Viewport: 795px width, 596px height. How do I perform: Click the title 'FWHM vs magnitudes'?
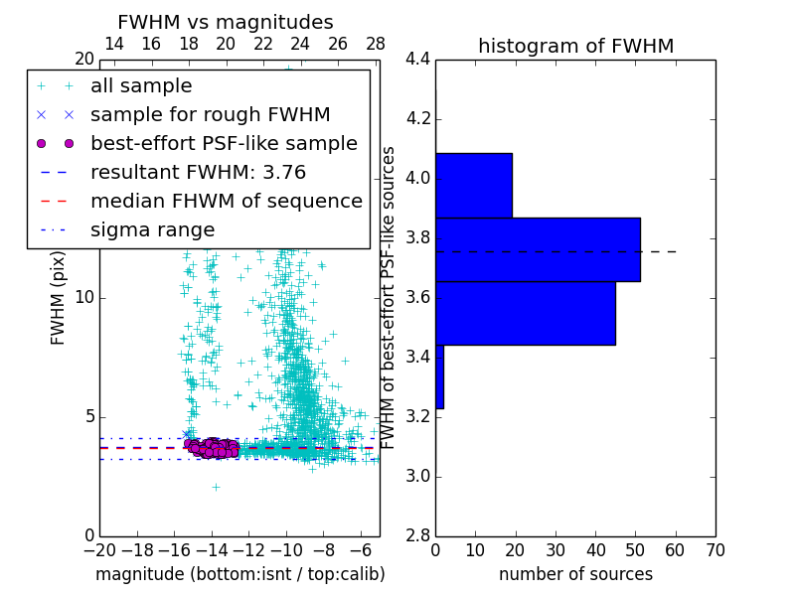coord(226,22)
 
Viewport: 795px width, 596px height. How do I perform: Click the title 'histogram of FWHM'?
coord(575,46)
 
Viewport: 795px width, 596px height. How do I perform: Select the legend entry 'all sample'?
coord(141,86)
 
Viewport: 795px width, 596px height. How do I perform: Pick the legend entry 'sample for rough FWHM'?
coord(210,114)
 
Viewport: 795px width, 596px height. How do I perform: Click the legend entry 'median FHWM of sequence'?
coord(226,201)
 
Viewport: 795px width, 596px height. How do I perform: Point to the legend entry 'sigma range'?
coord(152,229)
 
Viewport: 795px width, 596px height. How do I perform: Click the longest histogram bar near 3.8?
coord(538,249)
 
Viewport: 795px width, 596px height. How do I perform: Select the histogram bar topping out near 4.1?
coord(474,185)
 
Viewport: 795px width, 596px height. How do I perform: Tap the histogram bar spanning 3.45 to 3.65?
coord(526,313)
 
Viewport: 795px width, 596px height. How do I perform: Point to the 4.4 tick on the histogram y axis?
coord(417,60)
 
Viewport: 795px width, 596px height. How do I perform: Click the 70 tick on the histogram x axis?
coord(715,550)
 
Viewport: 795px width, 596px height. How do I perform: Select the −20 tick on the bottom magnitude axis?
coord(99,550)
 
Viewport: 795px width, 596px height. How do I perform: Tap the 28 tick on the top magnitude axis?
coord(376,44)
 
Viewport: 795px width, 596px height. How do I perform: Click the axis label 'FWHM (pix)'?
coord(59,297)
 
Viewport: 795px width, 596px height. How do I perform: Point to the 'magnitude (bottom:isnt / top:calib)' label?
coord(239,574)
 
